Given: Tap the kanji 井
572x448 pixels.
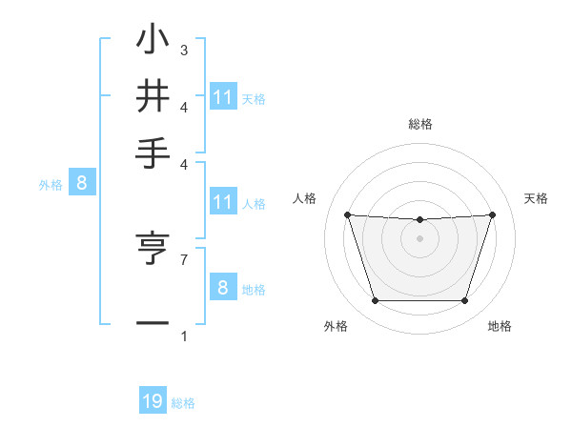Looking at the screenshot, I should (x=153, y=96).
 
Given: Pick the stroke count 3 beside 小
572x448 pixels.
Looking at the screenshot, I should (x=184, y=50).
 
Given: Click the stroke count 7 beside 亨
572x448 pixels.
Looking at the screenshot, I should (x=184, y=258).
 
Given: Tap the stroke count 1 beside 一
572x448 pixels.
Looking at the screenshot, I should (x=184, y=336).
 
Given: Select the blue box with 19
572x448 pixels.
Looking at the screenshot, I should (x=153, y=401).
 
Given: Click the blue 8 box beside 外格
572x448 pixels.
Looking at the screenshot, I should (x=81, y=184).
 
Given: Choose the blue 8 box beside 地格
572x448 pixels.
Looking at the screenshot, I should (x=222, y=288).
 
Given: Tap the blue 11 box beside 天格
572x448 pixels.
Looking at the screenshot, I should (x=222, y=97).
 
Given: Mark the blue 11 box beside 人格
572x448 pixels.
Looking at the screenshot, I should (x=222, y=202).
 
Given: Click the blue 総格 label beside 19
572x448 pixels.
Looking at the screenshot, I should (x=183, y=403).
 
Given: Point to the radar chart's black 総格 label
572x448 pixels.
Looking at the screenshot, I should (x=419, y=124).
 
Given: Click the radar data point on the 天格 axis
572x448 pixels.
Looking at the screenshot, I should (x=492, y=214).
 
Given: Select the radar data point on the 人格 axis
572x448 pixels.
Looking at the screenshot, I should (x=347, y=214).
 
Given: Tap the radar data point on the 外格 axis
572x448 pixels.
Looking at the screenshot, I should (x=375, y=301).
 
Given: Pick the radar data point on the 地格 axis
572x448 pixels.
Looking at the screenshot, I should (x=464, y=301).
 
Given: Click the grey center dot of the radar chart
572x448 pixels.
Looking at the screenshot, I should (x=419, y=238).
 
